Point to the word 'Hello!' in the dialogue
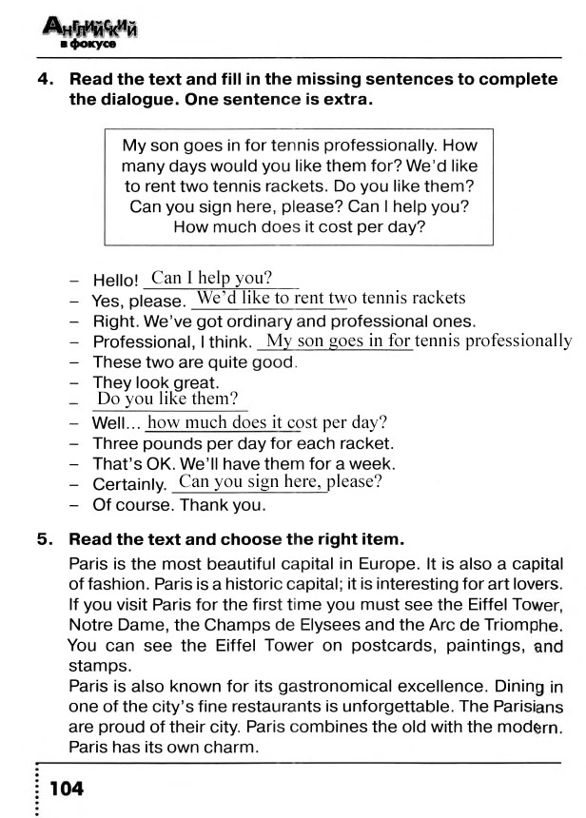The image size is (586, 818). point(116,281)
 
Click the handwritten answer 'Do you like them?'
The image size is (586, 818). point(167,399)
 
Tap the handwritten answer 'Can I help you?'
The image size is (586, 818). point(212,278)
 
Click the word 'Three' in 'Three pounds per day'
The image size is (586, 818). point(114,443)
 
